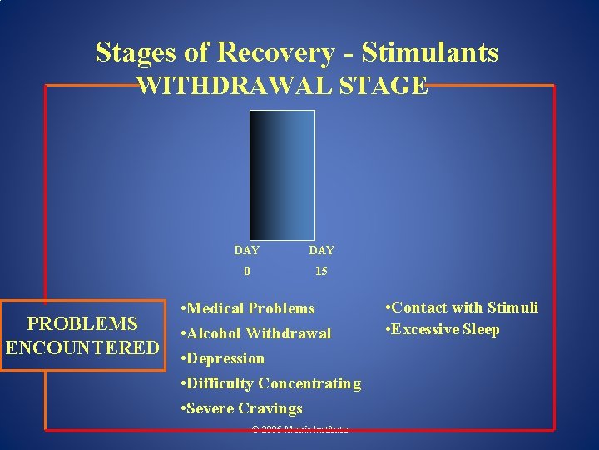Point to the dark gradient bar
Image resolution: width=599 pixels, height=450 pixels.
pyautogui.click(x=284, y=175)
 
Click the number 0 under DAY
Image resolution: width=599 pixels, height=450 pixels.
pyautogui.click(x=246, y=271)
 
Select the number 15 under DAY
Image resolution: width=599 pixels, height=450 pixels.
pyautogui.click(x=321, y=271)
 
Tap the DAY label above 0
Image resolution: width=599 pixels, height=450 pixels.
pyautogui.click(x=246, y=250)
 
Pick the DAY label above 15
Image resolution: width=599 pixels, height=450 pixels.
pyautogui.click(x=321, y=250)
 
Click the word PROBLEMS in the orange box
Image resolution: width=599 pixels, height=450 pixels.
pyautogui.click(x=82, y=324)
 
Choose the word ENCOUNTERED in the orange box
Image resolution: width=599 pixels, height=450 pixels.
pyautogui.click(x=82, y=347)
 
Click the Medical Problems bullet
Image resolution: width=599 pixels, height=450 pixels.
pyautogui.click(x=247, y=308)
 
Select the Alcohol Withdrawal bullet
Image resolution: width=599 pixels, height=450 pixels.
pyautogui.click(x=255, y=333)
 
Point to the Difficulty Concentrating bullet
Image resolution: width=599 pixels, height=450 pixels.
pyautogui.click(x=270, y=383)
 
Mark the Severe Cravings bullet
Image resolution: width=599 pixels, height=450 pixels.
pyautogui.click(x=241, y=408)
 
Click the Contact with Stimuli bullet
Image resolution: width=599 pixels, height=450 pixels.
pyautogui.click(x=463, y=307)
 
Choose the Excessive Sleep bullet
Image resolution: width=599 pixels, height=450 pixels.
pyautogui.click(x=443, y=329)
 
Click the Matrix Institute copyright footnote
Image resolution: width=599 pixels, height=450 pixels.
pyautogui.click(x=299, y=429)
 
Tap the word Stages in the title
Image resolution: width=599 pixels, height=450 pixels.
pyautogui.click(x=136, y=52)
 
